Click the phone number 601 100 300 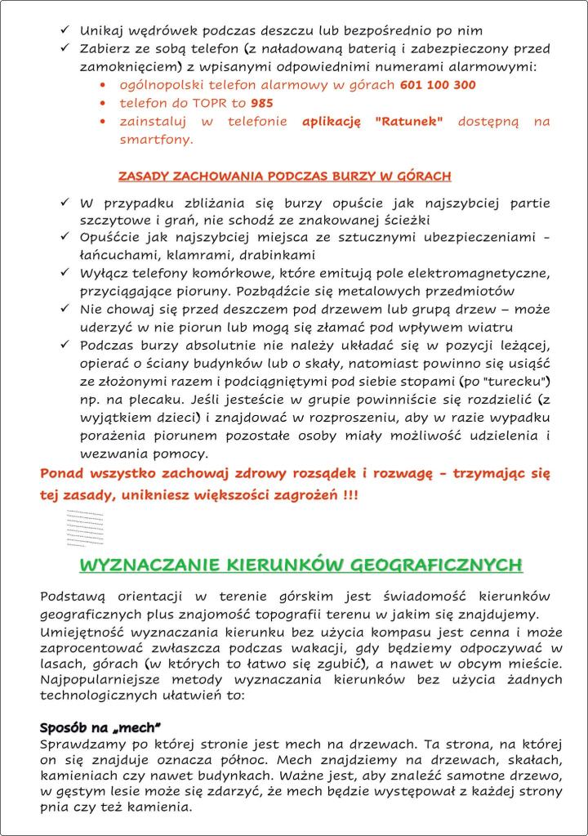tap(438, 85)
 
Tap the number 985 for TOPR tap(262, 104)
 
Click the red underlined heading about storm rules tap(284, 176)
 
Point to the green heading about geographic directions tap(301, 566)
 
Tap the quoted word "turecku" tap(519, 382)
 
